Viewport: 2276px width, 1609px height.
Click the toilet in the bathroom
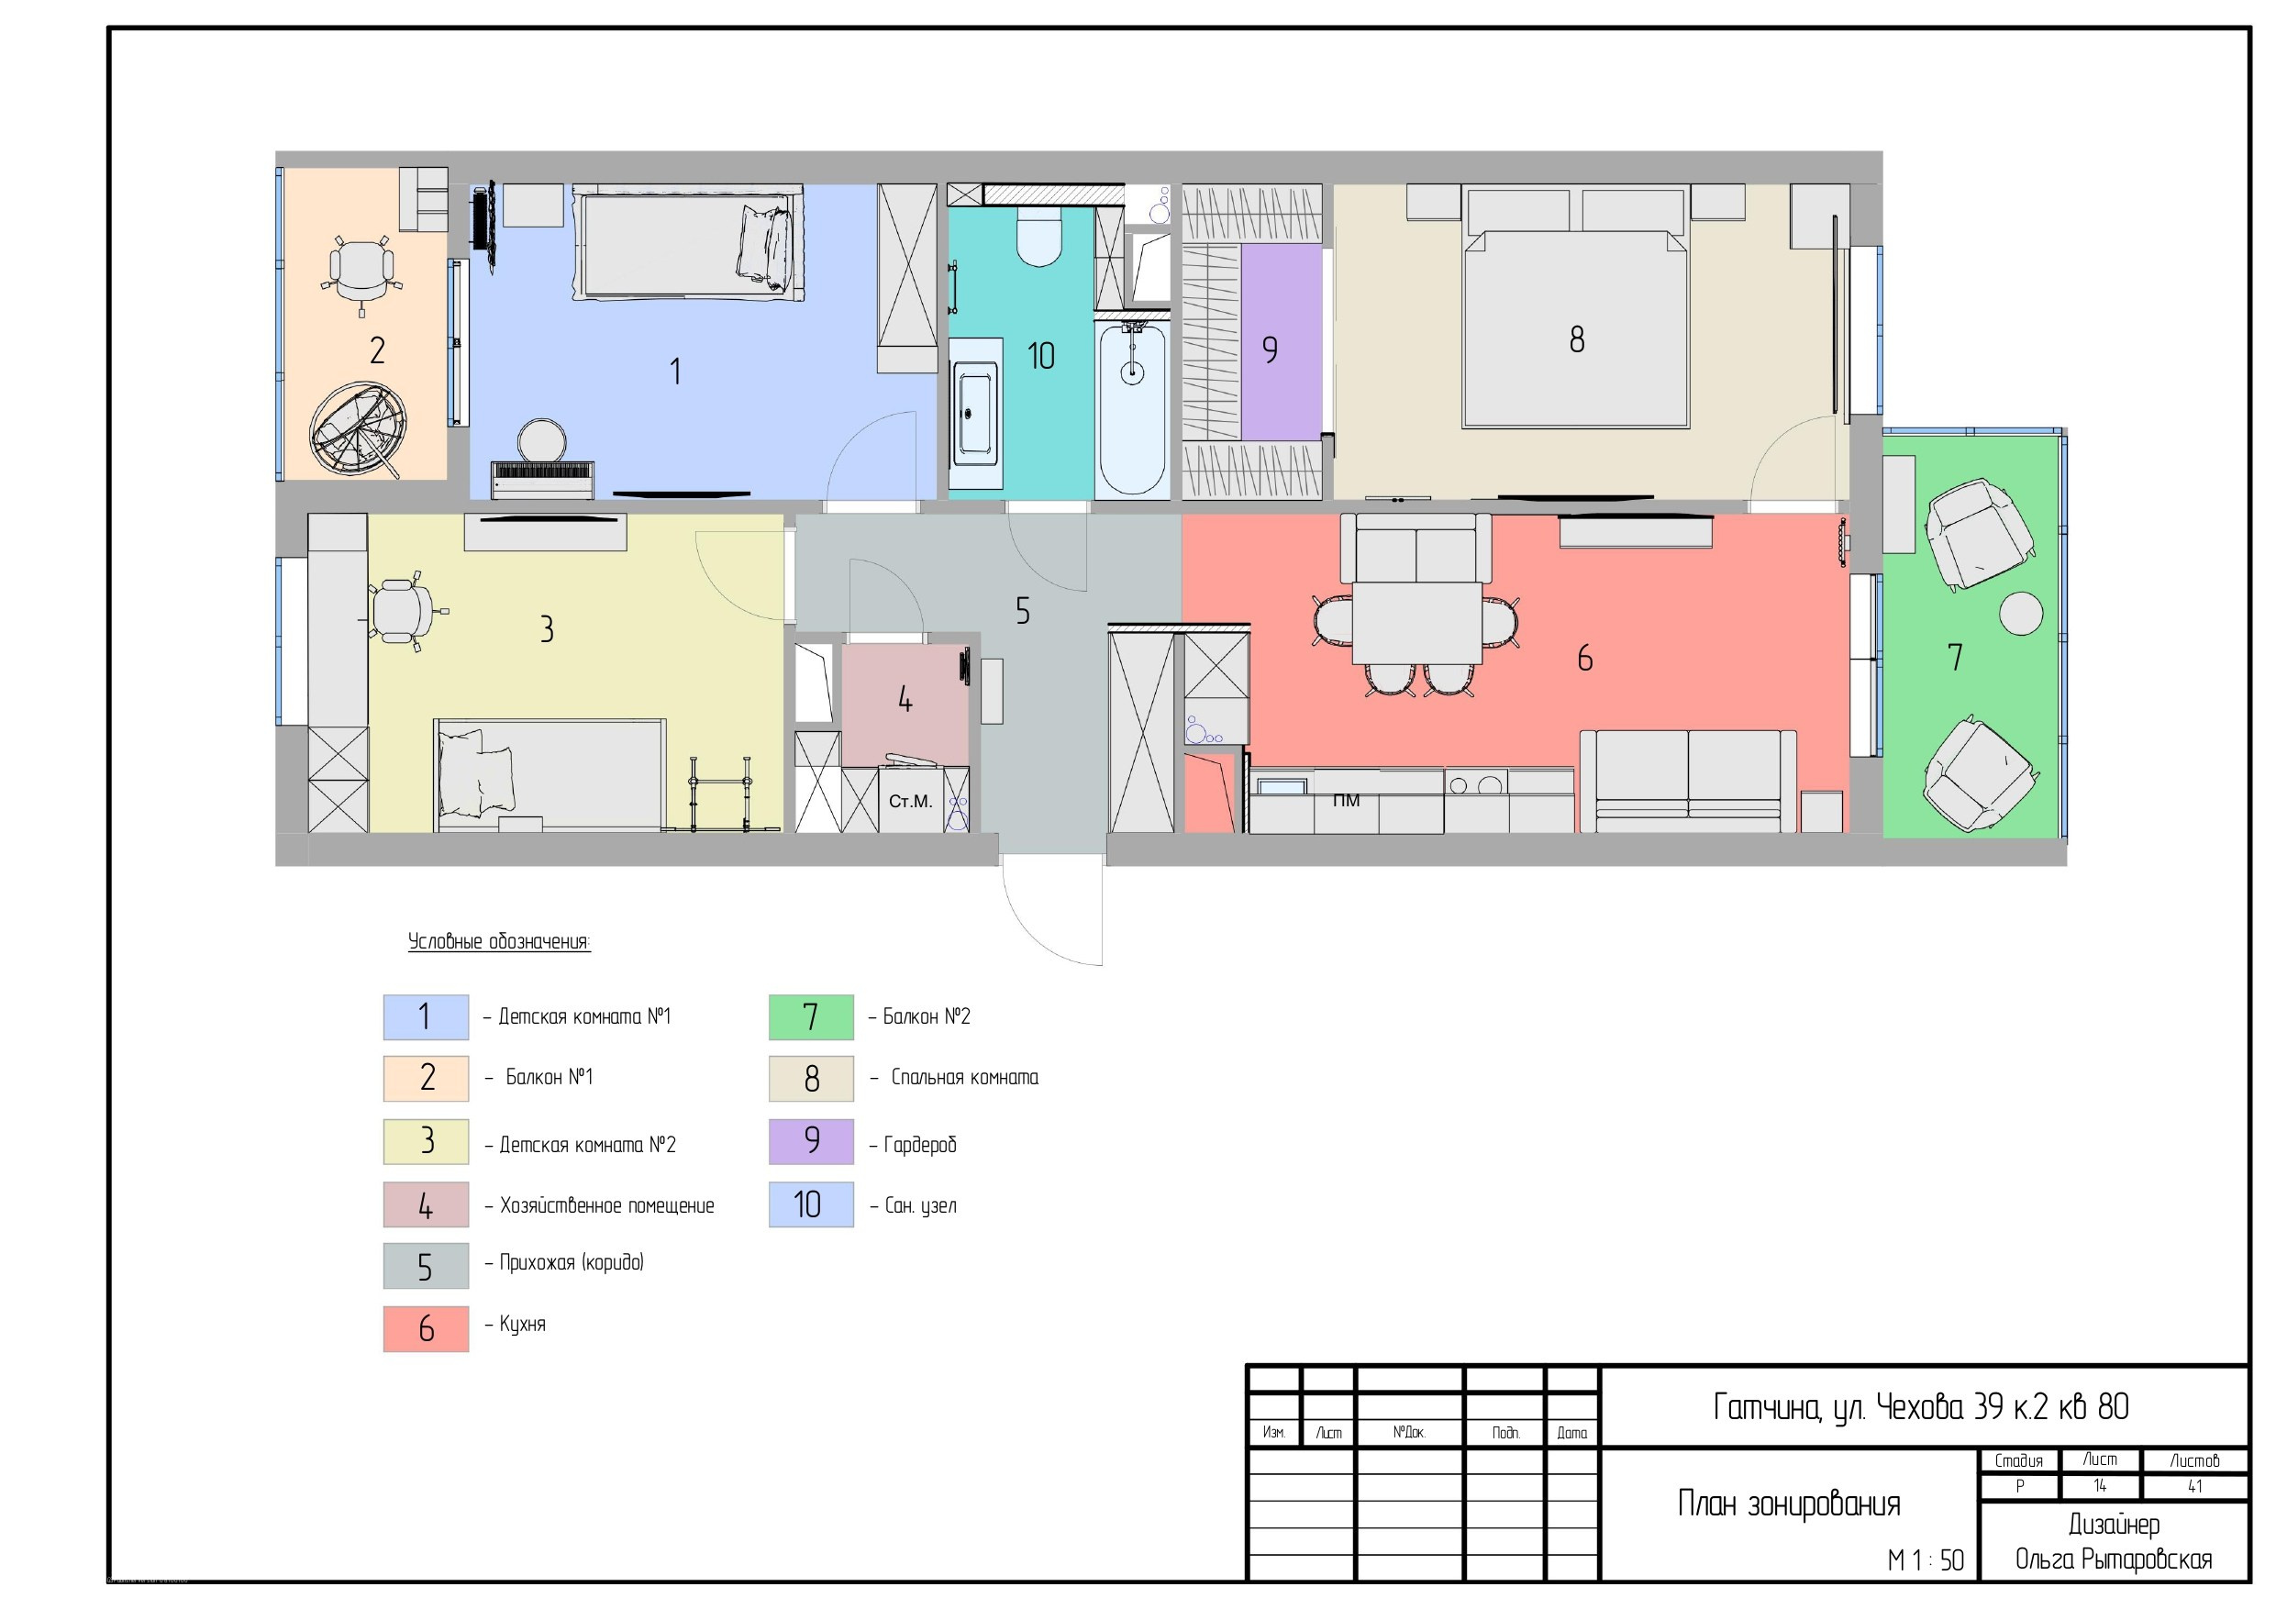(x=1038, y=236)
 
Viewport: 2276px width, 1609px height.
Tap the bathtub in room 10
(x=1132, y=405)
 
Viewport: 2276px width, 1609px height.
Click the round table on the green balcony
(x=2020, y=614)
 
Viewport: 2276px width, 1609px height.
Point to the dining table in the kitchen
(x=1416, y=624)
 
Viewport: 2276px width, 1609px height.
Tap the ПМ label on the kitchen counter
(x=1346, y=800)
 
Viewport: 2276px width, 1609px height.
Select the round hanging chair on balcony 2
(x=357, y=430)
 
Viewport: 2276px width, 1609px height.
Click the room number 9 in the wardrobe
(x=1270, y=349)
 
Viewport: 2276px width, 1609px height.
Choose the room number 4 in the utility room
(x=905, y=700)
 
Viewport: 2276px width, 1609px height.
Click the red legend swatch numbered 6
(x=426, y=1328)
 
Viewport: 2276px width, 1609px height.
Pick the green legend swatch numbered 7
(x=811, y=1017)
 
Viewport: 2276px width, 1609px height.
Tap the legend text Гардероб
(x=920, y=1145)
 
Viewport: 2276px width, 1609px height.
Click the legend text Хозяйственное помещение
(x=606, y=1205)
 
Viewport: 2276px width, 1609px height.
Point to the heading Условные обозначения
(x=499, y=942)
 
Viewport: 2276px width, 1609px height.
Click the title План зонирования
(x=1788, y=1504)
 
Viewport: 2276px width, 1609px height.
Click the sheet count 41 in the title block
(x=2194, y=1486)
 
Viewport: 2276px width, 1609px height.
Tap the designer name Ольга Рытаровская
(x=2114, y=1559)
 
